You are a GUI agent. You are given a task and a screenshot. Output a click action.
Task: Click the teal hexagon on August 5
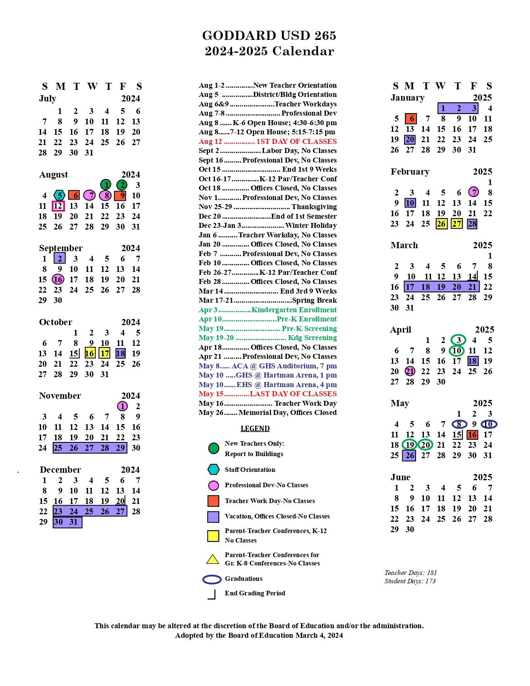click(59, 195)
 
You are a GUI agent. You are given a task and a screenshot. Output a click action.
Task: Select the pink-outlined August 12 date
click(58, 206)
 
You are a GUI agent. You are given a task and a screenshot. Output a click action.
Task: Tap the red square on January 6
click(411, 119)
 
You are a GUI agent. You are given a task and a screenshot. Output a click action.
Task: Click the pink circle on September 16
click(58, 279)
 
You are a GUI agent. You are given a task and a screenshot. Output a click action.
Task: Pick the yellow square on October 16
click(90, 353)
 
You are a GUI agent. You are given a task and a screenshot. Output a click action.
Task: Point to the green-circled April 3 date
click(459, 340)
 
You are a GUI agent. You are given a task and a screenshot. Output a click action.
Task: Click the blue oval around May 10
click(488, 424)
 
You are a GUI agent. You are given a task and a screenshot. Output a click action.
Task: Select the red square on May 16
click(472, 435)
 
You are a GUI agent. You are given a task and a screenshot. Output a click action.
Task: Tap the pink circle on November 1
click(122, 406)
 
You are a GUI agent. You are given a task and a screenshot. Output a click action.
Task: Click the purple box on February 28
click(472, 224)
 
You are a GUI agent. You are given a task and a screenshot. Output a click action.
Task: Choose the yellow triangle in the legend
click(213, 559)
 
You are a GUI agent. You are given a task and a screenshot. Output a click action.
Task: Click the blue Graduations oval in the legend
click(212, 580)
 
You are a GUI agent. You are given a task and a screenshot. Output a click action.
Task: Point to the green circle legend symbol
click(213, 448)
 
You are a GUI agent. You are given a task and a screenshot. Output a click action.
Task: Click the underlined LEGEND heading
click(255, 429)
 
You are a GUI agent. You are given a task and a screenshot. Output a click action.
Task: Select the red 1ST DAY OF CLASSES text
click(296, 141)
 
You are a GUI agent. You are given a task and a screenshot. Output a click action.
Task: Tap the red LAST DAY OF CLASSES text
click(293, 394)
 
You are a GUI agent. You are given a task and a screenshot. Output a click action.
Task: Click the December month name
click(60, 470)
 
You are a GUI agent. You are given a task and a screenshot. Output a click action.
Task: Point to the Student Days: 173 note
click(410, 581)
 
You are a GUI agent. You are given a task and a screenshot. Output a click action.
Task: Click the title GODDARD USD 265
click(269, 36)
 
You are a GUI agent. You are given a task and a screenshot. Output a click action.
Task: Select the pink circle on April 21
click(410, 371)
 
